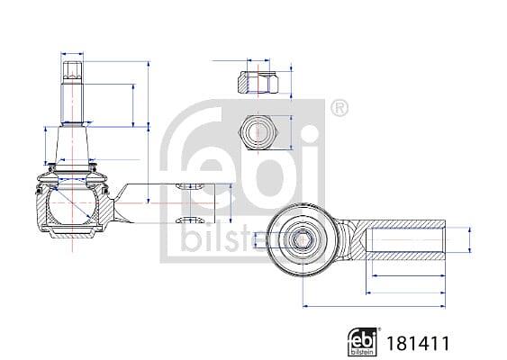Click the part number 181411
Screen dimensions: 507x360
418,344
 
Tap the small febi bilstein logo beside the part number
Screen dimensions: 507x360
362,342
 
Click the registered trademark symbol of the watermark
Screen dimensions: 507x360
340,109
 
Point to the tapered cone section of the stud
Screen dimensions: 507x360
72,146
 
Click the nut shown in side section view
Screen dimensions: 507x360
258,83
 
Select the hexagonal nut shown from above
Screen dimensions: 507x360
258,132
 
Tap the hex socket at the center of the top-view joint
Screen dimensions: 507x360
302,240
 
